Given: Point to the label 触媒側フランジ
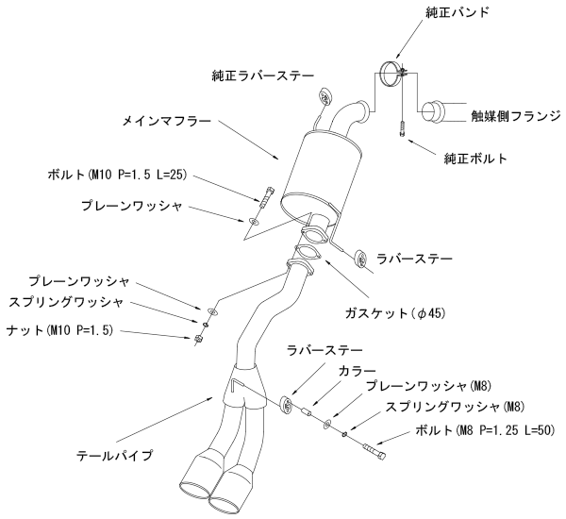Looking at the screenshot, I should [x=514, y=116].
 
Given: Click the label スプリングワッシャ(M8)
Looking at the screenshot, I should [x=456, y=408].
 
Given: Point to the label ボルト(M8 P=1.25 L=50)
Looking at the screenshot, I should [x=482, y=431].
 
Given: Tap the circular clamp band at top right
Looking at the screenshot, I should [x=390, y=75].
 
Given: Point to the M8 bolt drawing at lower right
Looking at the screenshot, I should [x=375, y=452].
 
